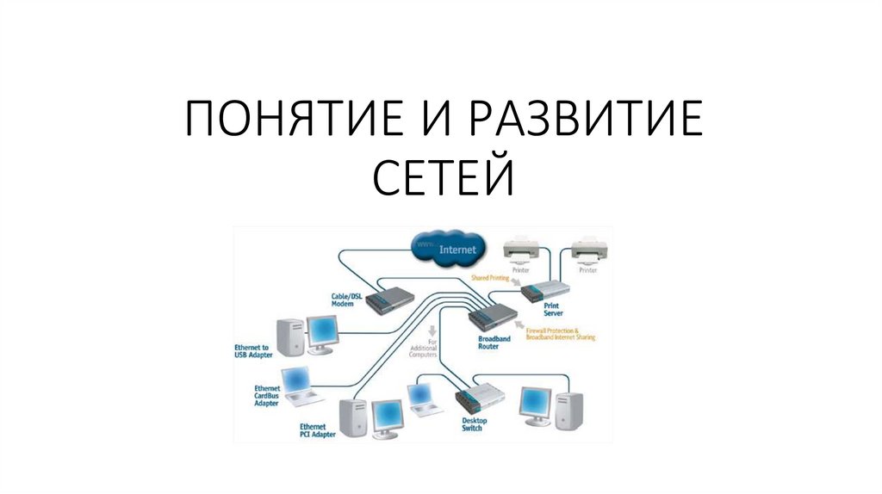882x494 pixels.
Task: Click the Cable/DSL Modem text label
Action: [x=346, y=299]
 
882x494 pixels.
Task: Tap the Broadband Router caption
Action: [x=494, y=343]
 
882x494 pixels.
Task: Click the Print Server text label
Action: [x=554, y=308]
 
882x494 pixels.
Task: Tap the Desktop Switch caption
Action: [x=474, y=424]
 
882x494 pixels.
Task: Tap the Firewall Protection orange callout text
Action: [x=565, y=334]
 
